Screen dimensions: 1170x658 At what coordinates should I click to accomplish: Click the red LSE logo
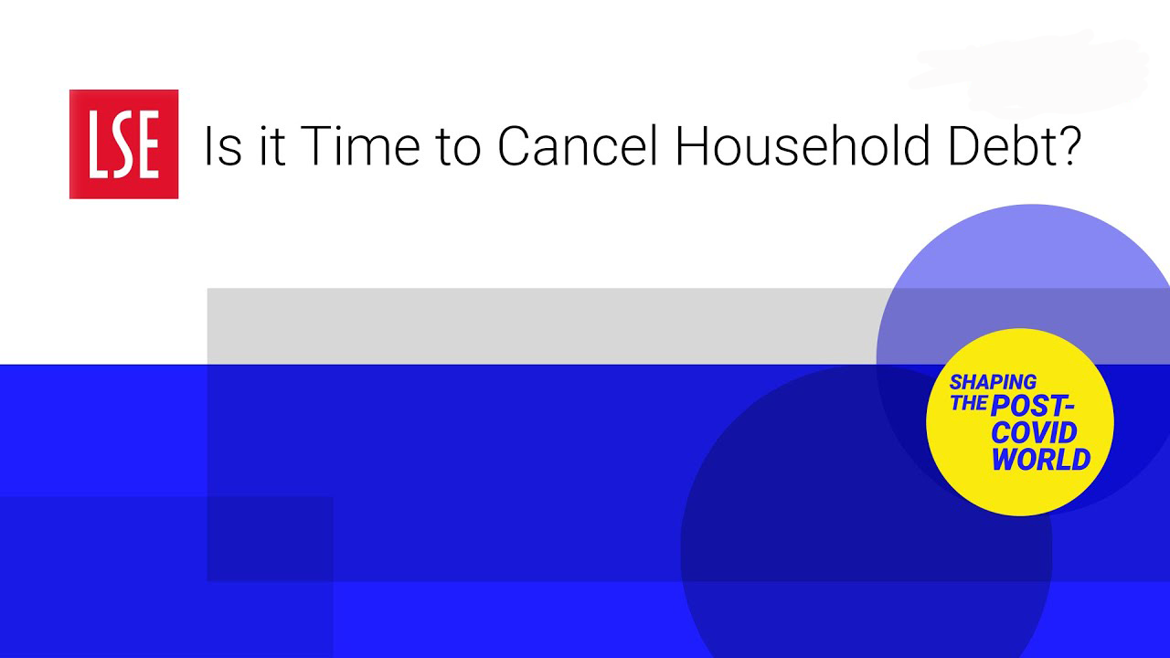[x=123, y=144]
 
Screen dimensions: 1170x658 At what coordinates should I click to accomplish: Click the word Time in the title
[x=360, y=145]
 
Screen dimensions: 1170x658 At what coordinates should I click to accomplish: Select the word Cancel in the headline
[x=577, y=145]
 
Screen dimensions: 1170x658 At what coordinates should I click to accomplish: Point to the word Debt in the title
[x=996, y=145]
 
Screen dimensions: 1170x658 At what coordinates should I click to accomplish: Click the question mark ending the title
[x=1066, y=145]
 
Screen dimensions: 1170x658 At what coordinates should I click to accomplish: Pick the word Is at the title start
[x=223, y=145]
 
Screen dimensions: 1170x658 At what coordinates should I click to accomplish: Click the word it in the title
[x=271, y=145]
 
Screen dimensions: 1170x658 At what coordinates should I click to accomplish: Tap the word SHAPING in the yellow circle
[x=993, y=382]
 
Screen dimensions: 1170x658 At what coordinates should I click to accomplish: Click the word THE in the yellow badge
[x=968, y=403]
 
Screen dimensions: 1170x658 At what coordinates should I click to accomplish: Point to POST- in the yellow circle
[x=1032, y=407]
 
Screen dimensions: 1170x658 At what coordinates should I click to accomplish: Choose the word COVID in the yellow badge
[x=1034, y=432]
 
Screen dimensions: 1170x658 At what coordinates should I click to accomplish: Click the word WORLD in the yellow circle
[x=1040, y=459]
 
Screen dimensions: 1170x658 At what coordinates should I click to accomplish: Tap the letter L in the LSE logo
[x=98, y=144]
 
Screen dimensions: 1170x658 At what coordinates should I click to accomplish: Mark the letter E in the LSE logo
[x=148, y=144]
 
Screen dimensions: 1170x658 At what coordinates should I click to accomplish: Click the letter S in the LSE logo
[x=122, y=144]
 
